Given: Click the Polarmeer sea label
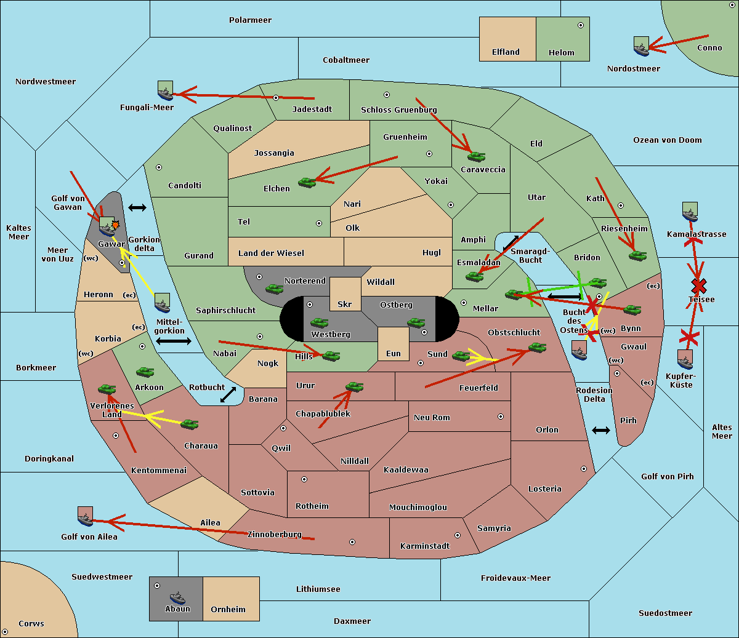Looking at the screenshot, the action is (250, 20).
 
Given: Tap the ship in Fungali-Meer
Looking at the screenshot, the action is (165, 90).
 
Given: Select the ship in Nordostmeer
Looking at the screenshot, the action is (642, 46).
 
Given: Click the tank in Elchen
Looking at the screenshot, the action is (307, 183).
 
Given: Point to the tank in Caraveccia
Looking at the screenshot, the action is (476, 156).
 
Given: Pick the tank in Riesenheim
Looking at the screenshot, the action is (638, 256).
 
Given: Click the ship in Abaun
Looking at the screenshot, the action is (177, 597).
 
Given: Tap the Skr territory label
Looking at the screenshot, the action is (345, 304).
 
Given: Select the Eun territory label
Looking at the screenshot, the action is (394, 353).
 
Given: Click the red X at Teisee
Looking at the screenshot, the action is (699, 286).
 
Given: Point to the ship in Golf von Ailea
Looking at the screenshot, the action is (86, 516).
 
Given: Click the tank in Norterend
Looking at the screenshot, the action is (274, 289).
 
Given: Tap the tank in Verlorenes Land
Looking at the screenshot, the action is (107, 389).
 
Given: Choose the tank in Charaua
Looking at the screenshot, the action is (190, 425).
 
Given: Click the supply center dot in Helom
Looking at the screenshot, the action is (581, 25).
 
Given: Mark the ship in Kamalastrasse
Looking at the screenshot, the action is (690, 212).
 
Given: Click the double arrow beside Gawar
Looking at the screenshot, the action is (137, 207).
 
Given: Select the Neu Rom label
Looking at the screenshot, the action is (432, 417).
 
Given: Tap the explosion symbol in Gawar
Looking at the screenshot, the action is (115, 225).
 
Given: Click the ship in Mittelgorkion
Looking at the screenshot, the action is (163, 303).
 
